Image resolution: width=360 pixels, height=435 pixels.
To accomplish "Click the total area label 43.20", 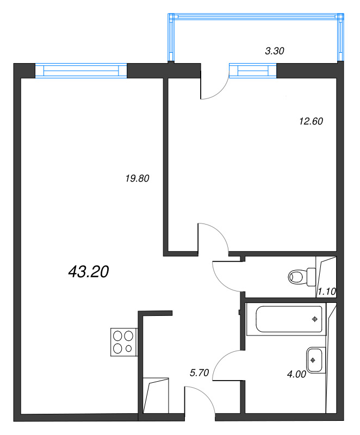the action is coord(89,271).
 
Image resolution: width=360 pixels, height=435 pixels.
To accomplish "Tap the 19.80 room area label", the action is coord(137,178).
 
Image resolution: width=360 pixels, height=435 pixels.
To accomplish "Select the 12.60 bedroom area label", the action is coord(311,121).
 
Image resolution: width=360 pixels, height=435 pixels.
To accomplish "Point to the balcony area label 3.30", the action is coord(275,51).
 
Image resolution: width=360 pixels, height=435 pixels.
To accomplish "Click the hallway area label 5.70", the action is coord(199,372).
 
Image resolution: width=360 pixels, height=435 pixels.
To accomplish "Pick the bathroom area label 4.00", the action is coord(296,374).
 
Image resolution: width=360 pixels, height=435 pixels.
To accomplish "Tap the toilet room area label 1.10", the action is coord(327,291).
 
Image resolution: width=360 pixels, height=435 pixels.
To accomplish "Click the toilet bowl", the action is coord(302,277).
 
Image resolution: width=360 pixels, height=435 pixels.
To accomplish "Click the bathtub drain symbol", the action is coord(314,319).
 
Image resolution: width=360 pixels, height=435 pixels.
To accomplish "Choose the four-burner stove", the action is coord(124,342).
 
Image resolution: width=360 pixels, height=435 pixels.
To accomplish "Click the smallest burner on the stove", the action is coord(128,349).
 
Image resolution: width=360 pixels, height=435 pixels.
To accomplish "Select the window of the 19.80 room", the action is coord(81,71).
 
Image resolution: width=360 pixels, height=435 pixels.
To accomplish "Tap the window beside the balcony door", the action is coord(253,71).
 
